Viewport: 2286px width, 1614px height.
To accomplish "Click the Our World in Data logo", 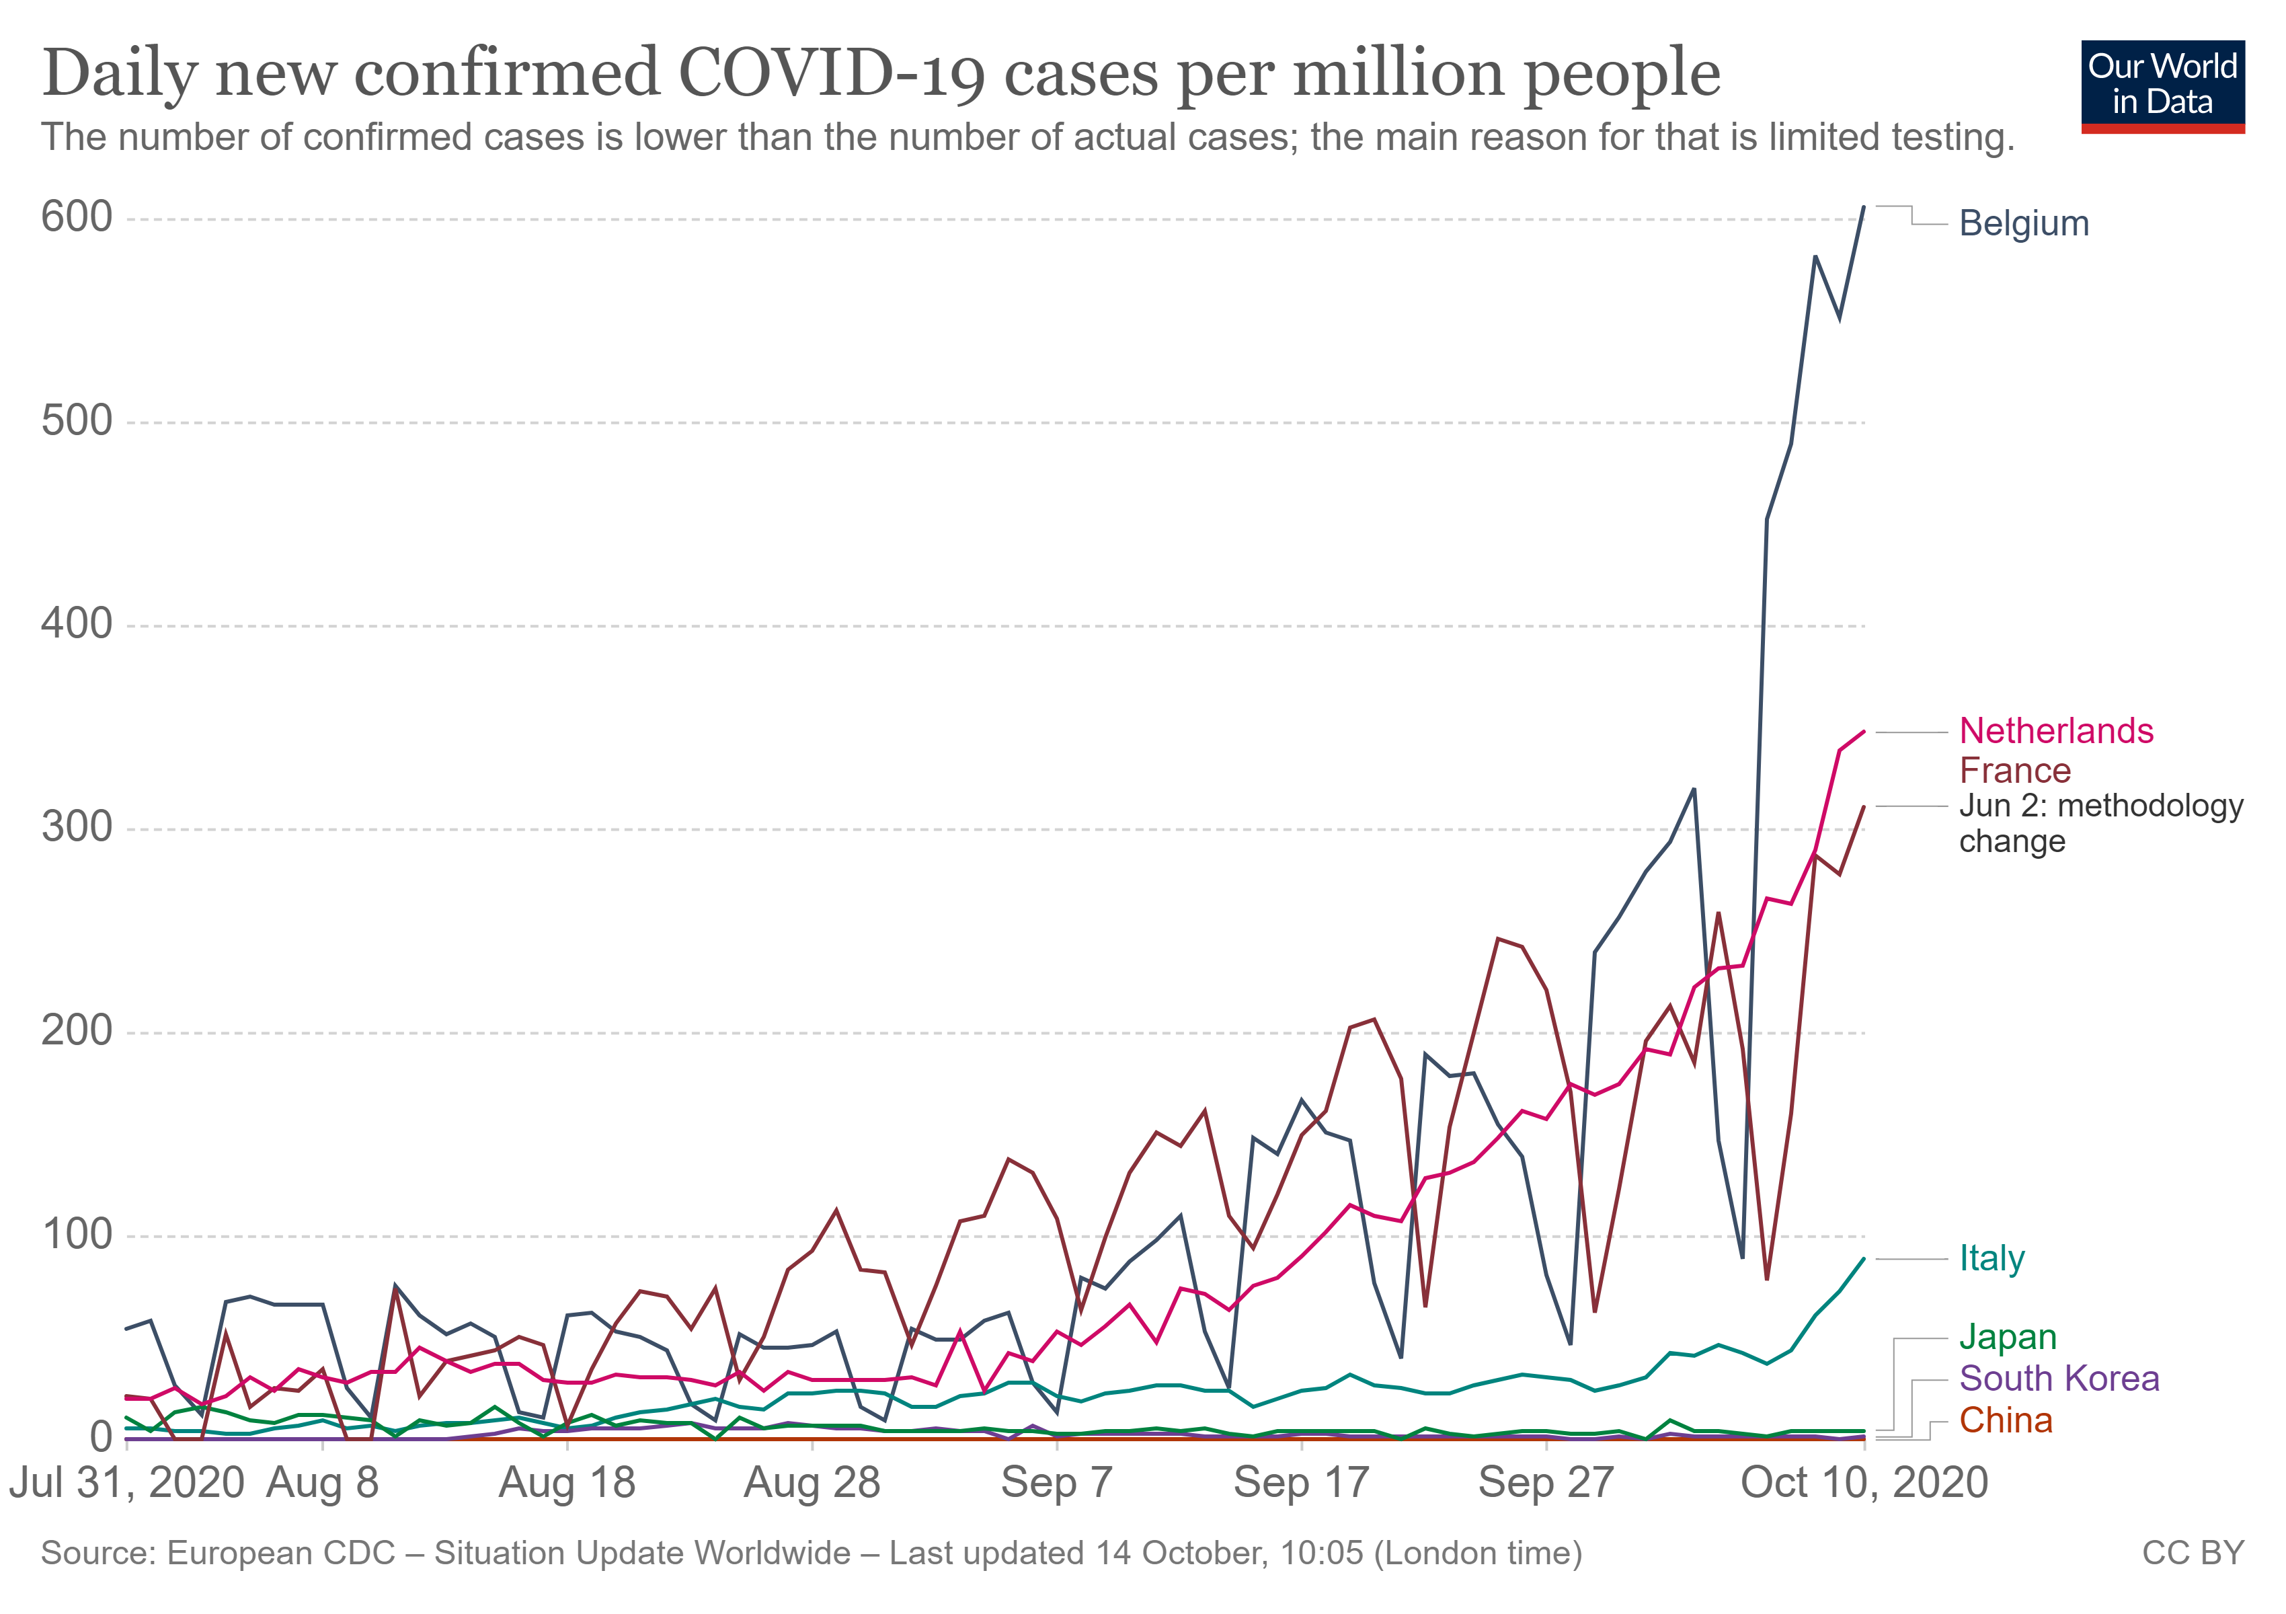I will point(2162,85).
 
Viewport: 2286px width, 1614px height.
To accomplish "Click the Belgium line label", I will point(2023,223).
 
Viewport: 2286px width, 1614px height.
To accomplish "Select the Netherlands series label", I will point(2055,731).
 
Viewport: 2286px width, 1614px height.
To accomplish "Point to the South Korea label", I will point(2059,1379).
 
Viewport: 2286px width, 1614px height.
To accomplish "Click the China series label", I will point(2005,1421).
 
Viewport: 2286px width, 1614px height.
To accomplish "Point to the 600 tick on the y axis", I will point(77,217).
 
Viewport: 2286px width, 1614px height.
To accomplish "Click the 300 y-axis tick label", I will point(77,827).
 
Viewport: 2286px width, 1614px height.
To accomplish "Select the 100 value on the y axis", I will point(77,1235).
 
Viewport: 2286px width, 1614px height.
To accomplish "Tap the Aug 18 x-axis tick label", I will point(567,1484).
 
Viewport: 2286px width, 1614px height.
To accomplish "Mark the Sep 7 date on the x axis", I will point(1056,1484).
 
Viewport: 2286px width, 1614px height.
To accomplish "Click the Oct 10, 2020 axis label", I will point(1864,1484).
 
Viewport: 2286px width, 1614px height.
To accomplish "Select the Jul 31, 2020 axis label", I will point(128,1484).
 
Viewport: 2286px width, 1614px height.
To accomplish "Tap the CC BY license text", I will point(2193,1553).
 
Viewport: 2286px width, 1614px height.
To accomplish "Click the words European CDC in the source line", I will point(281,1553).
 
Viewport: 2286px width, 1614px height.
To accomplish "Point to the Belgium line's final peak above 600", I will point(1864,207).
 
